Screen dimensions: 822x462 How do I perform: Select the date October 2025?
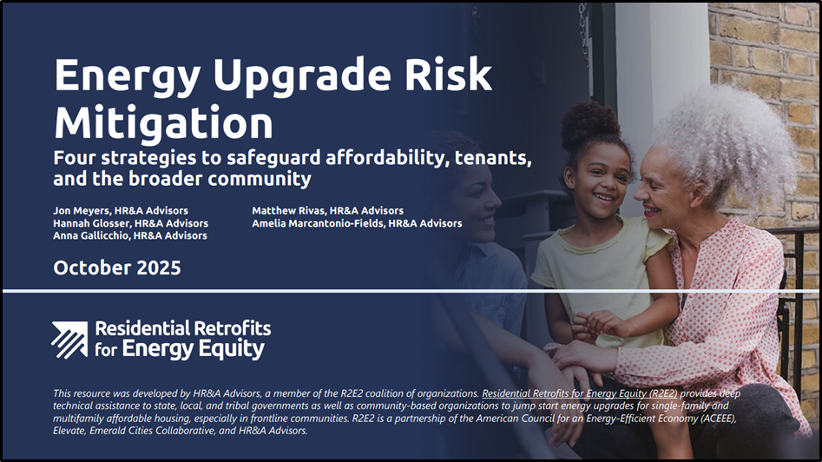(x=117, y=267)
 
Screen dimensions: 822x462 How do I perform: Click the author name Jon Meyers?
(x=82, y=211)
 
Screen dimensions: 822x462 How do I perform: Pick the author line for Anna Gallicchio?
(x=130, y=236)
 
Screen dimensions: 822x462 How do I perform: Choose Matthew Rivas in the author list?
(x=289, y=211)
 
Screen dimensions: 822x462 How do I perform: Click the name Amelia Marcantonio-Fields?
(x=318, y=223)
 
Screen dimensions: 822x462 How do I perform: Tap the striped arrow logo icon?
(x=69, y=340)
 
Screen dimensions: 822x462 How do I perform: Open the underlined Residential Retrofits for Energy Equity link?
(x=580, y=393)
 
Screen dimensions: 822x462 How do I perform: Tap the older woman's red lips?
(x=651, y=210)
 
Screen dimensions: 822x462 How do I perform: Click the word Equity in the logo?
(x=228, y=349)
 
